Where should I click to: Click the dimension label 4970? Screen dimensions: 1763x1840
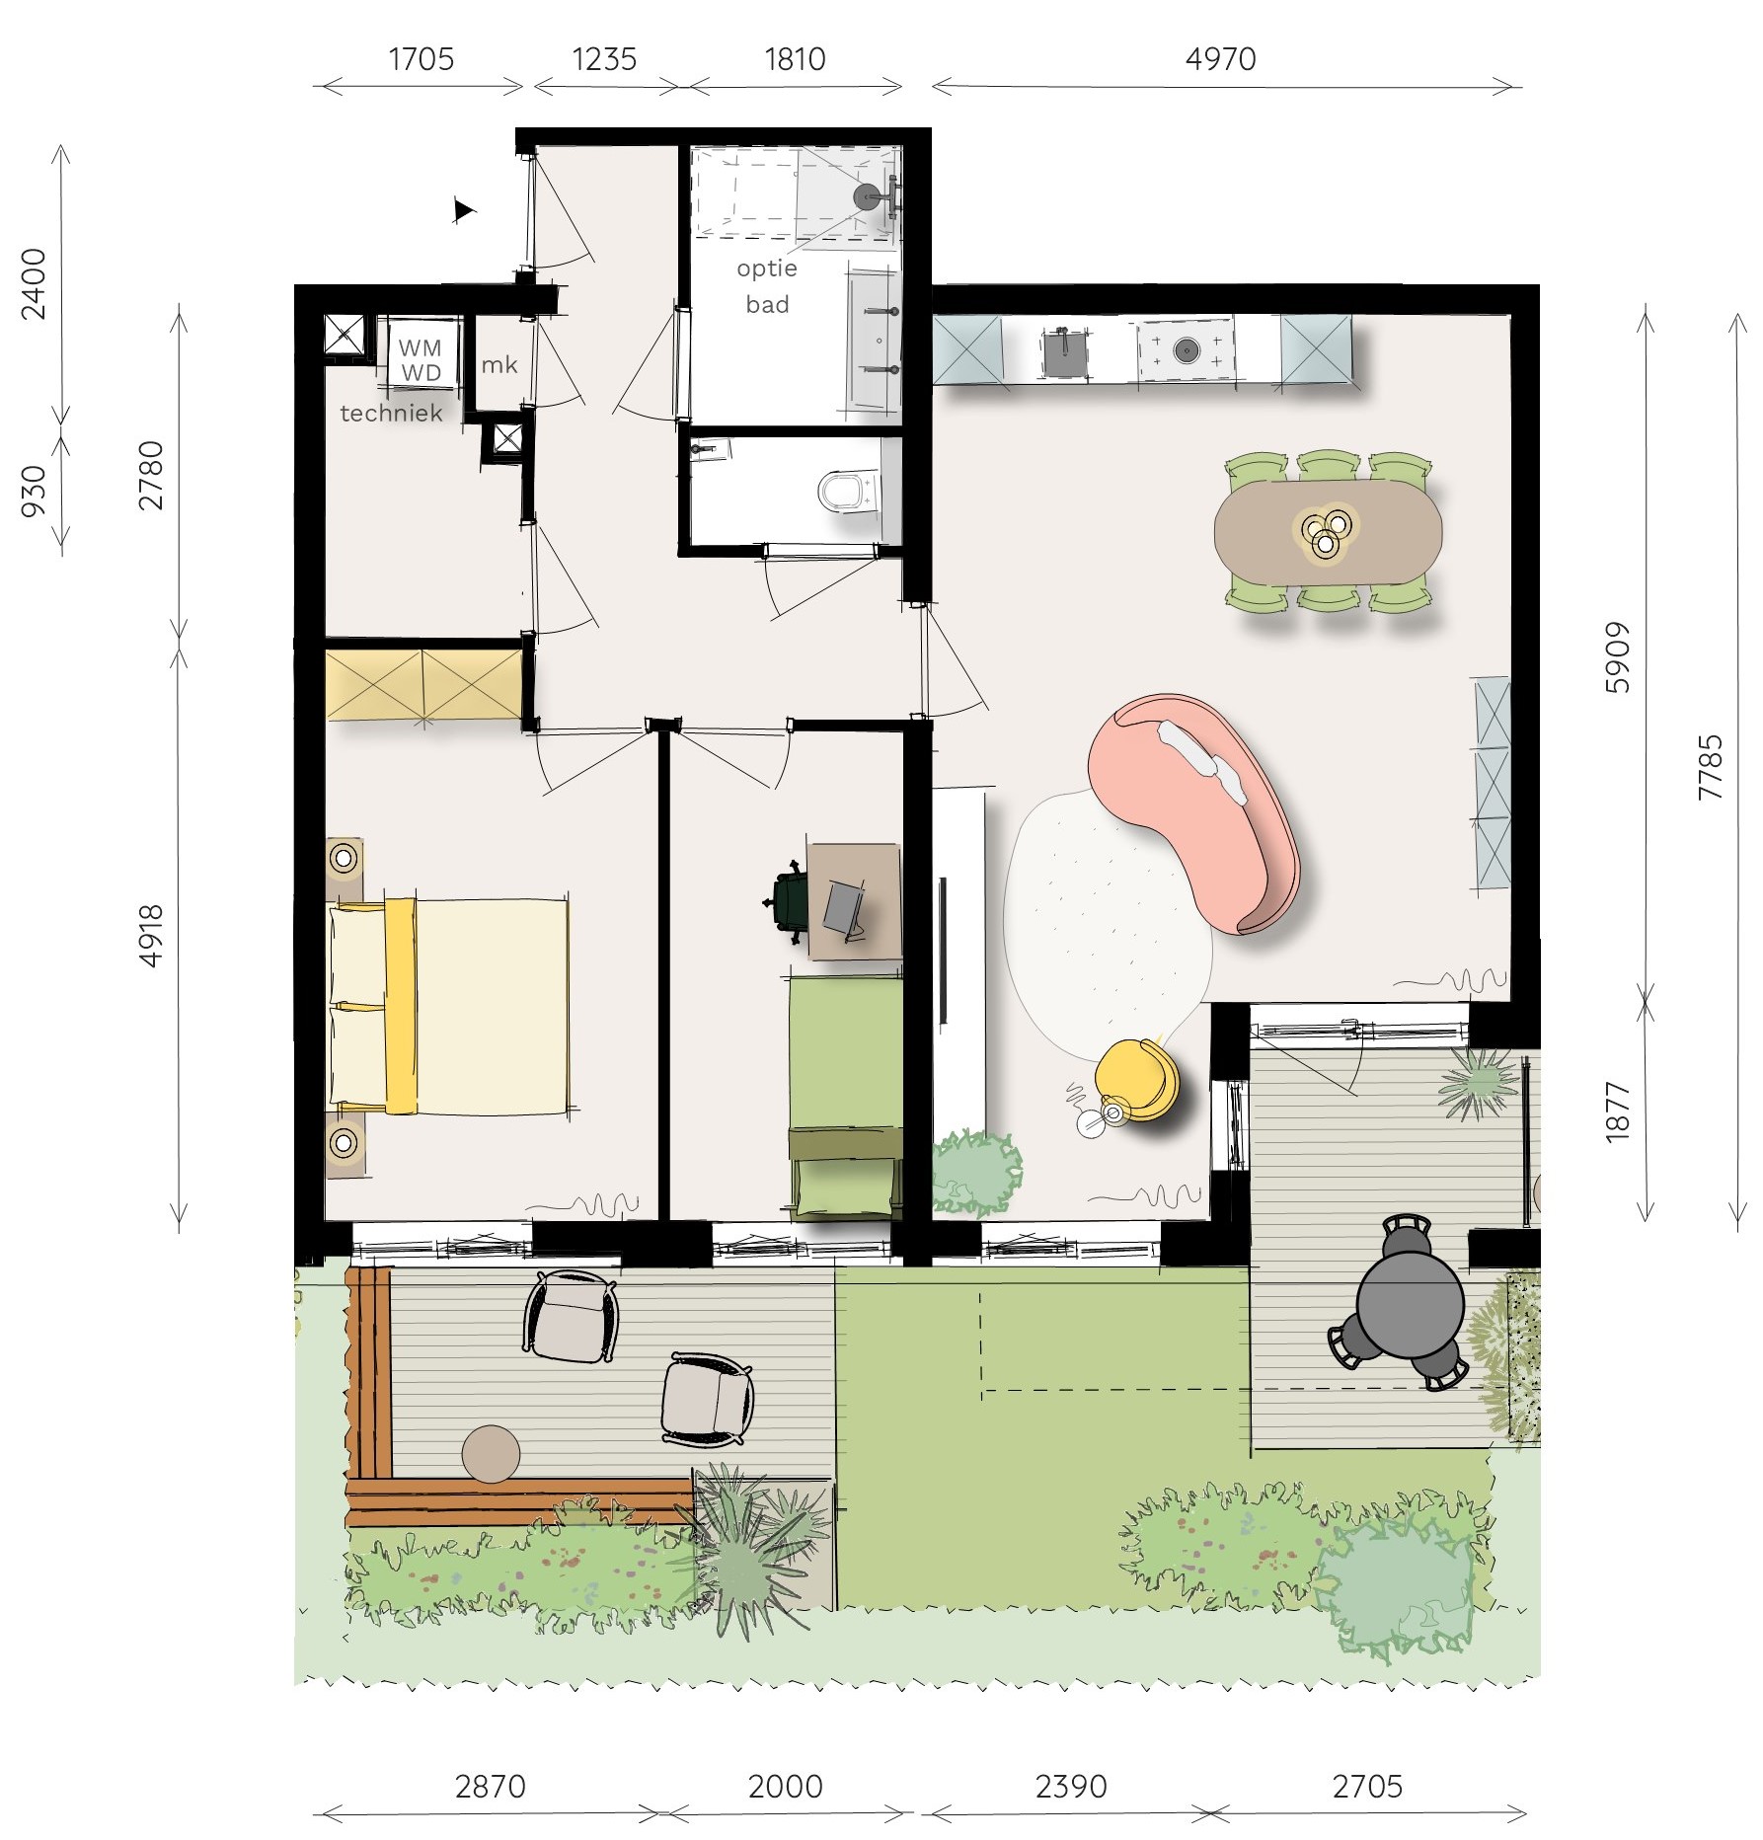1220,59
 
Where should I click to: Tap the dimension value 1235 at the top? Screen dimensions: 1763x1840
604,59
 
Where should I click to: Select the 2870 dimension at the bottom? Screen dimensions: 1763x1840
490,1786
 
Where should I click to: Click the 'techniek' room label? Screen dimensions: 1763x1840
391,413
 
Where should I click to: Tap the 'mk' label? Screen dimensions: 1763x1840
498,364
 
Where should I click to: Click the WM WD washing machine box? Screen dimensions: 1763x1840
421,352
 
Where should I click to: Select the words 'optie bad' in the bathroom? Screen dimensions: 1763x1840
767,286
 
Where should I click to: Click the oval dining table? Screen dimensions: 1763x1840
1328,531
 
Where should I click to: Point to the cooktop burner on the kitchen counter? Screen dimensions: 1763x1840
1185,349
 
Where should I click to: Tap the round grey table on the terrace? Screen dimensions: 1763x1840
1410,1304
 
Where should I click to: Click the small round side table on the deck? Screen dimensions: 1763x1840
491,1454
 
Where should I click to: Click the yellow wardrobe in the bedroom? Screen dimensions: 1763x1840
423,683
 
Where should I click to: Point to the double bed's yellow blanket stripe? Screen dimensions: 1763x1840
400,1005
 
